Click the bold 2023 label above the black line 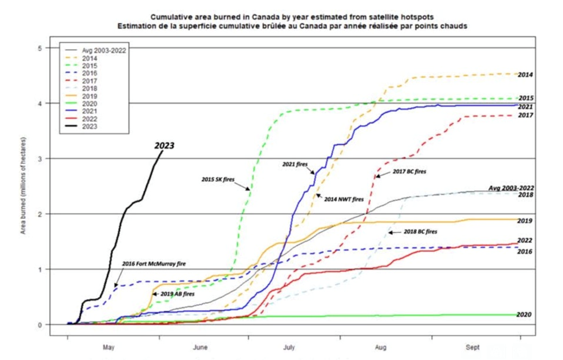click(x=164, y=146)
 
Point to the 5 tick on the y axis click(x=41, y=48)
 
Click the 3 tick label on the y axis click(x=41, y=158)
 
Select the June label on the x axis click(x=200, y=348)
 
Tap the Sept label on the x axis click(x=472, y=348)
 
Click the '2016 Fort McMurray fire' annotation click(x=154, y=263)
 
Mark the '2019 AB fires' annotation click(x=178, y=294)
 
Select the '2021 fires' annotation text click(x=295, y=164)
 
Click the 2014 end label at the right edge click(x=525, y=75)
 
